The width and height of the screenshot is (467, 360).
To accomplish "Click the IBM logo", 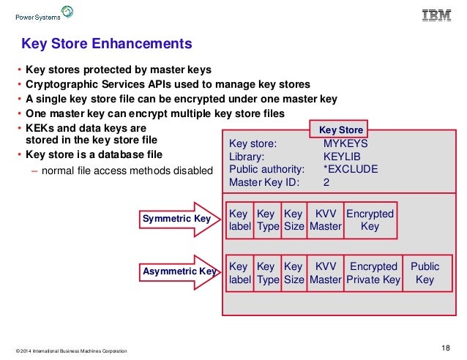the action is [436, 14].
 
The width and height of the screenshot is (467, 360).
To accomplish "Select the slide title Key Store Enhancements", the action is [106, 44].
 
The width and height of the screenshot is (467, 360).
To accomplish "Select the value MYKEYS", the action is [345, 144].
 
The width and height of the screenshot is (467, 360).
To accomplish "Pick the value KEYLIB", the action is [340, 157].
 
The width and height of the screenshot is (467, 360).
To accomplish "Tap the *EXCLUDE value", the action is [350, 169].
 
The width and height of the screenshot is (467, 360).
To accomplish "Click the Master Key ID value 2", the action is [326, 182].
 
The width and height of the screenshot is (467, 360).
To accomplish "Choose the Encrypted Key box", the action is [370, 220].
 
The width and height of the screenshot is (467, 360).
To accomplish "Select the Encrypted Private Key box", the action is [373, 273].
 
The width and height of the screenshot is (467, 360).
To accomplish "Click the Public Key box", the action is [425, 273].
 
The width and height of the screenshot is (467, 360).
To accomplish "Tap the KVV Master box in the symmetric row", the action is [325, 220].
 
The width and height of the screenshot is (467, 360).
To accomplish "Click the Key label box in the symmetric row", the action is [239, 220].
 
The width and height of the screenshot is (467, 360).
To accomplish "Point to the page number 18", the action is [446, 347].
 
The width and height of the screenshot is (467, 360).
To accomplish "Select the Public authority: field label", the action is [266, 169].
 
